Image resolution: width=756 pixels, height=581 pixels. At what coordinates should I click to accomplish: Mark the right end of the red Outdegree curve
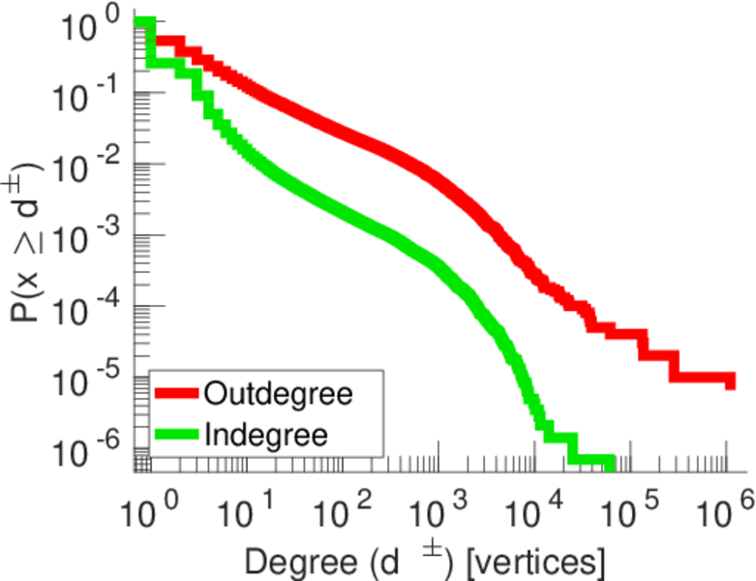tap(731, 382)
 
